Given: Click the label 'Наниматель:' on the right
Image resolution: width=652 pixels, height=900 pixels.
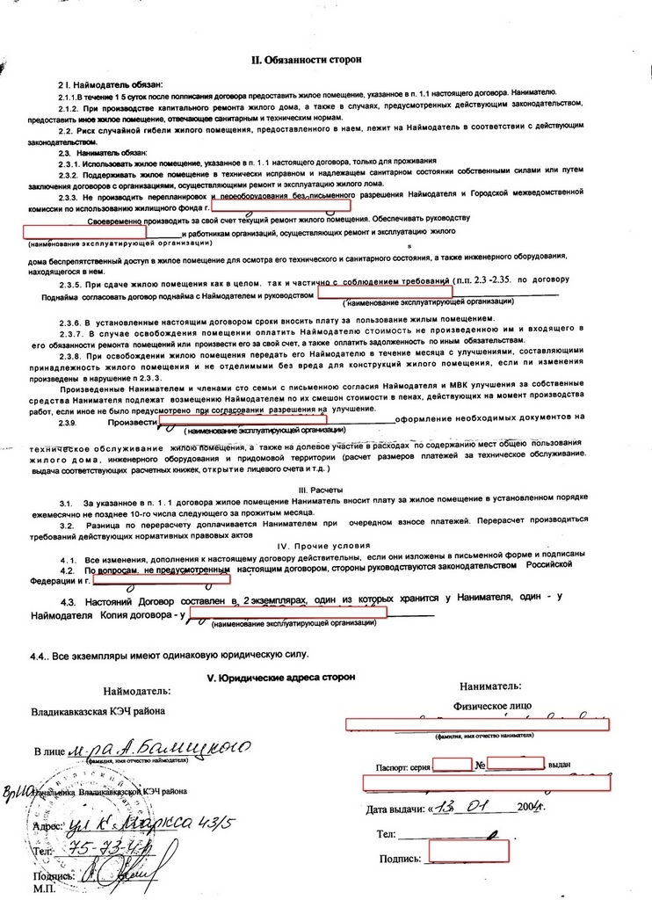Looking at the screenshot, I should pos(489,686).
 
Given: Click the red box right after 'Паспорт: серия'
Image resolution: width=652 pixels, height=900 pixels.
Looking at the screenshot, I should pos(453,764).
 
